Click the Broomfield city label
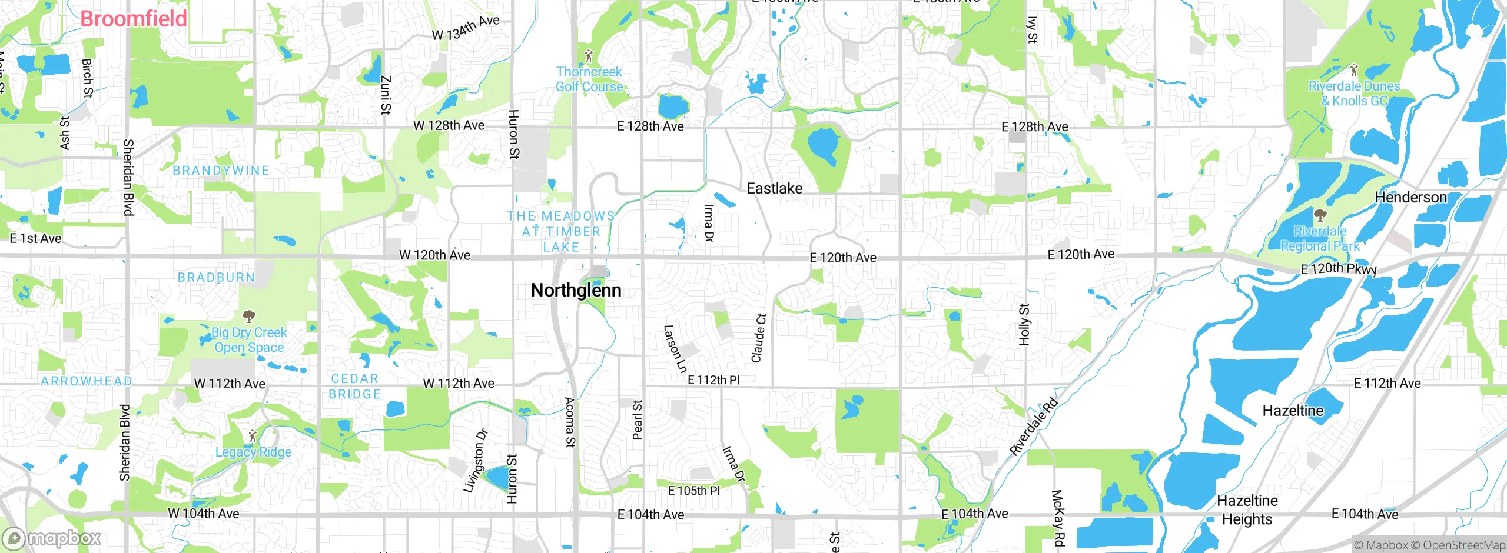click(x=134, y=19)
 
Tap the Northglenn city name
click(x=576, y=290)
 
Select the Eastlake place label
click(x=774, y=188)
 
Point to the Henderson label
click(x=1410, y=197)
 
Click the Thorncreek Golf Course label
click(x=589, y=79)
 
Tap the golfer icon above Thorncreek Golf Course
click(x=588, y=56)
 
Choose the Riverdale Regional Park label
click(x=1320, y=239)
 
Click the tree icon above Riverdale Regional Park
click(x=1320, y=214)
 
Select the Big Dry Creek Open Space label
click(x=249, y=340)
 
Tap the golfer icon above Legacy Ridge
click(x=253, y=436)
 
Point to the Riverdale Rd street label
click(x=1034, y=427)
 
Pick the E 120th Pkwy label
click(x=1339, y=269)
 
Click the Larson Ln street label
click(x=675, y=349)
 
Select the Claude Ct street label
click(x=758, y=338)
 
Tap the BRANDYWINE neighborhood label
click(x=221, y=171)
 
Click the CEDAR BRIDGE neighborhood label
click(x=354, y=387)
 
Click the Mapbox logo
click(x=52, y=538)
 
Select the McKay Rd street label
click(x=1058, y=518)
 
